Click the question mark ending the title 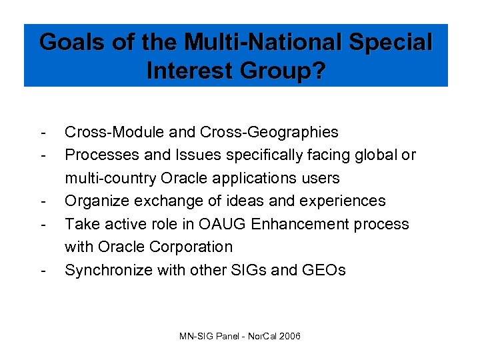coord(320,71)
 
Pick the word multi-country coord(106,179)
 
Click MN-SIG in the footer coord(195,336)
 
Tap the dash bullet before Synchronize coord(43,270)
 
